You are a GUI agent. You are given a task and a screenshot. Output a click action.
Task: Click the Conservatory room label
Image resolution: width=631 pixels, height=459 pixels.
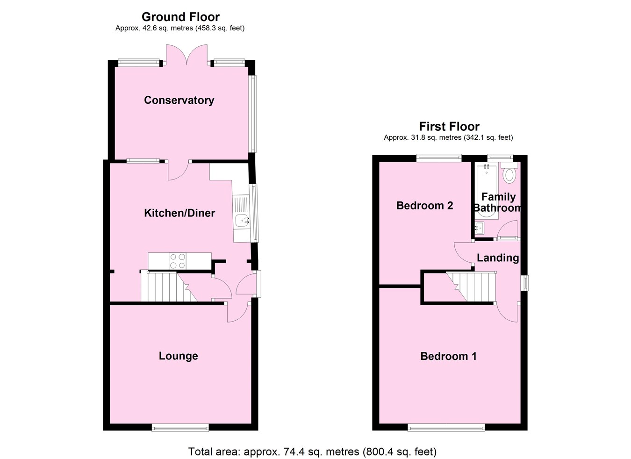179,100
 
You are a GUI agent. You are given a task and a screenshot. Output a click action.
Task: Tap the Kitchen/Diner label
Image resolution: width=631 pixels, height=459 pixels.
179,213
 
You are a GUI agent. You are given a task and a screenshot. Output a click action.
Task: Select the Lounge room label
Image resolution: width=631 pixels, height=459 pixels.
178,356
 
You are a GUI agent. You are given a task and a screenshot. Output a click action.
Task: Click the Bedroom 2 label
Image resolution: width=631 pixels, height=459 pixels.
424,206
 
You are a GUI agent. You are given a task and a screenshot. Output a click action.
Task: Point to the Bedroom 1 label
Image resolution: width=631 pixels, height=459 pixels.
448,357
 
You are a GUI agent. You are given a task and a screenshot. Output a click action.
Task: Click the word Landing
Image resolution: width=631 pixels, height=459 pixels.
497,258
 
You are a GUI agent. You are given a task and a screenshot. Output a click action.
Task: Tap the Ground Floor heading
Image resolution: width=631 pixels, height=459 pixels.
180,17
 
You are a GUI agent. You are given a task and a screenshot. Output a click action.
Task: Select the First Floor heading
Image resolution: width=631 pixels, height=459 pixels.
449,127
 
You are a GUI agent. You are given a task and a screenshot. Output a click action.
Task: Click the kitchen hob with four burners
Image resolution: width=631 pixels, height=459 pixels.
177,261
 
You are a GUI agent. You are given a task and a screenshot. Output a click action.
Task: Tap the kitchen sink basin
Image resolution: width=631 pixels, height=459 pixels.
242,220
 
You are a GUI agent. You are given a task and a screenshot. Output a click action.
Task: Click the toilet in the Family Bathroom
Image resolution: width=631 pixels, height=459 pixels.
509,176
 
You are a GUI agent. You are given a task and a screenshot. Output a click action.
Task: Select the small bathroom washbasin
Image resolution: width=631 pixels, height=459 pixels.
479,228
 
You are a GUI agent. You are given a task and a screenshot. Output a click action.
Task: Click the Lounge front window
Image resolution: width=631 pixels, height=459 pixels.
180,427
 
